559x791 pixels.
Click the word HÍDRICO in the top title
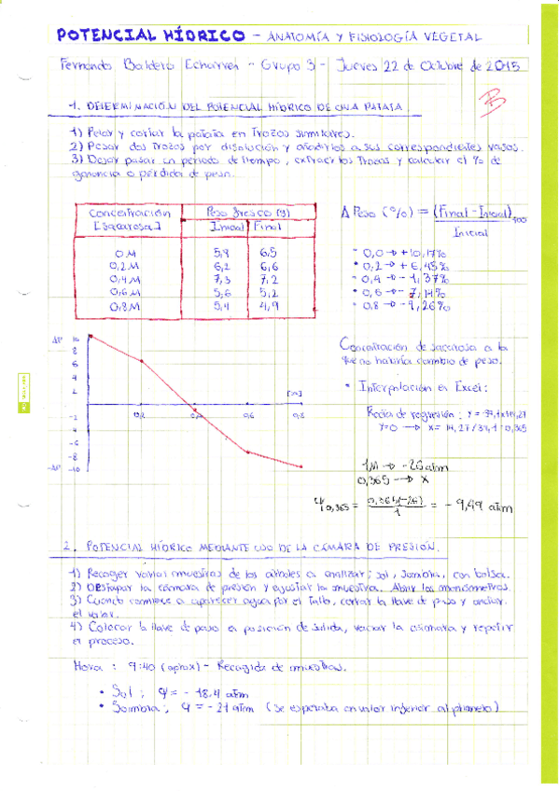pos(204,35)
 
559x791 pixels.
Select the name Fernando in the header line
pos(81,68)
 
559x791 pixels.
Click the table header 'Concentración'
pos(123,214)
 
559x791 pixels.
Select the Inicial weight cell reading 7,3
pos(222,278)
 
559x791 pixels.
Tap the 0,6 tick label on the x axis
pos(248,415)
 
